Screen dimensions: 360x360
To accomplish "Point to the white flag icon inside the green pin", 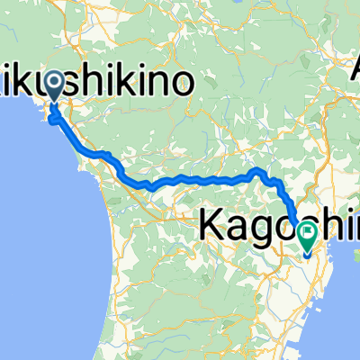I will [x=308, y=234].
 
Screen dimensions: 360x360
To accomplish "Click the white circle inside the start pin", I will [x=53, y=85].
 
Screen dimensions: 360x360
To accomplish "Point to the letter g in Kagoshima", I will [x=255, y=225].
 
